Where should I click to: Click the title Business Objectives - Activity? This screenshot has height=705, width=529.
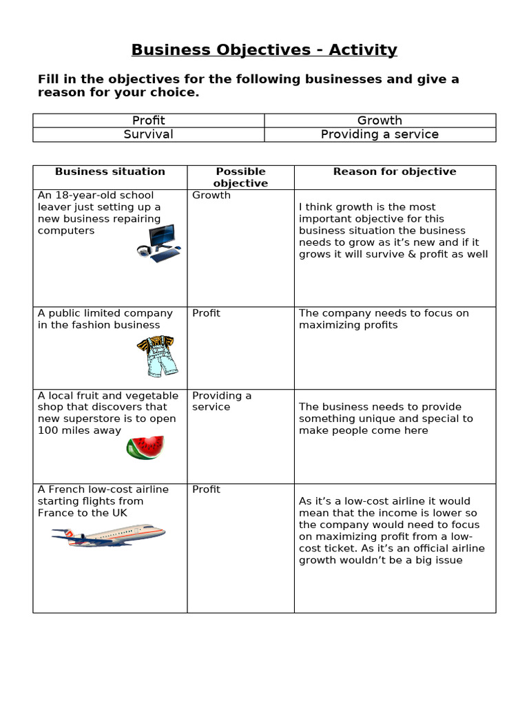264,50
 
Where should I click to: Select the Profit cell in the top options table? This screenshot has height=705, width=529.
149,120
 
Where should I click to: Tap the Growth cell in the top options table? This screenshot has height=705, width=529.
380,120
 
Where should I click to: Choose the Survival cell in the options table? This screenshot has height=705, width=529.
149,134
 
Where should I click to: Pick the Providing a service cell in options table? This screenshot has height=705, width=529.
380,134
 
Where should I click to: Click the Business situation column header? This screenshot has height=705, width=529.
110,172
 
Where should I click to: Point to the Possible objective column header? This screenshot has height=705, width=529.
240,178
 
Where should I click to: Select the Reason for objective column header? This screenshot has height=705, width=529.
395,172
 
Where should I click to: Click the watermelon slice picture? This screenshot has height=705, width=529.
145,448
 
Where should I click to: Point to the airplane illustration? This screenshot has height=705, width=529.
108,534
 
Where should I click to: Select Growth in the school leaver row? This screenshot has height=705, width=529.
211,196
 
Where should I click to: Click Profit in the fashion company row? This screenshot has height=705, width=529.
206,313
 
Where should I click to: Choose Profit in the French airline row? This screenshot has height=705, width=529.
206,490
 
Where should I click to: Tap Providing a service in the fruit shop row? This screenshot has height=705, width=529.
222,401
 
